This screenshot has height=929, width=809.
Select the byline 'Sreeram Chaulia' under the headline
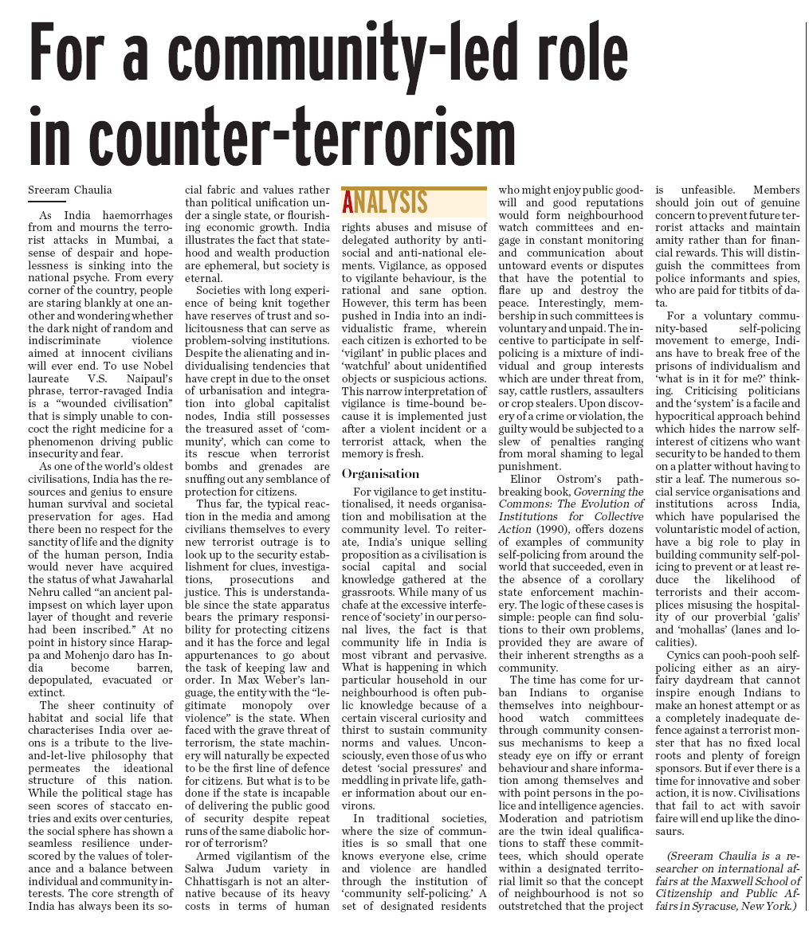coord(69,190)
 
